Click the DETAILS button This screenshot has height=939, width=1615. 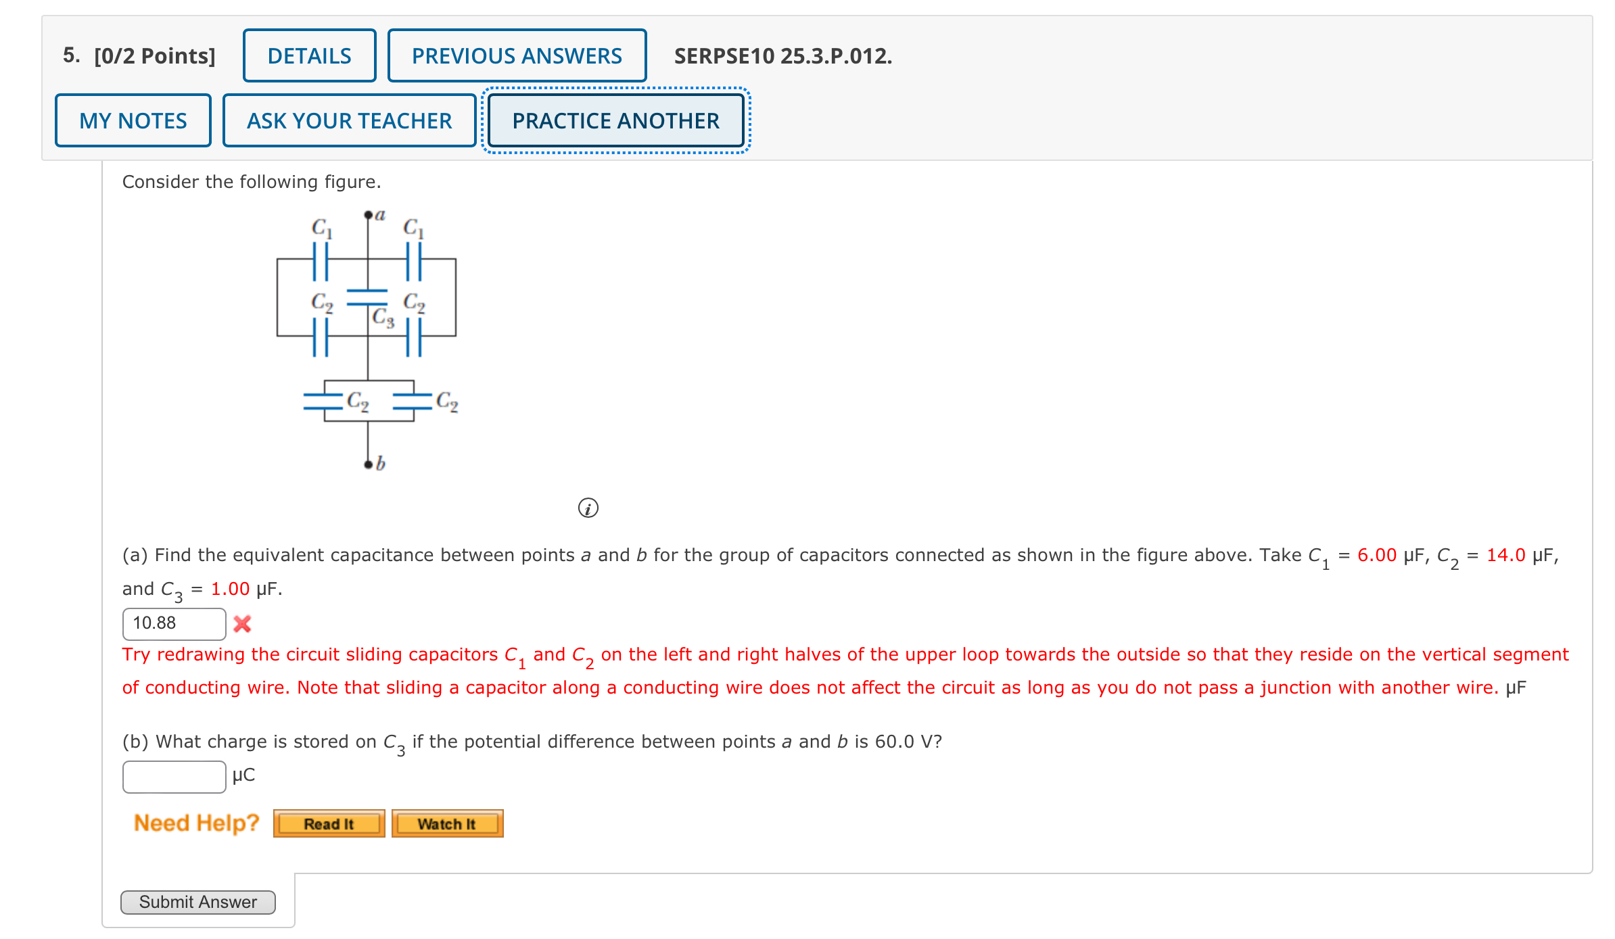point(309,55)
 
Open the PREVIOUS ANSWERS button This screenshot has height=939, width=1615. point(517,55)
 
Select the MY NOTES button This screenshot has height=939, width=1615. point(133,120)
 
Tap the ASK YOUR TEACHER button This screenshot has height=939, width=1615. point(349,120)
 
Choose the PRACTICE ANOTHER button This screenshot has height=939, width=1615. point(615,120)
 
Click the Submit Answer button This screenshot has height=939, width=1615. point(197,902)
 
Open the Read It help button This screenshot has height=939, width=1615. point(329,823)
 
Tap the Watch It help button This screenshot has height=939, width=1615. point(447,823)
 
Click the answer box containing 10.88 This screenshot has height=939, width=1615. point(174,623)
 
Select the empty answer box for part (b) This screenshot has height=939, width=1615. point(174,776)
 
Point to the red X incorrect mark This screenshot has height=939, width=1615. point(242,623)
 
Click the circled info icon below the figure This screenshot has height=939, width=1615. point(588,508)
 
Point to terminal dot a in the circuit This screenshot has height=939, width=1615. point(368,216)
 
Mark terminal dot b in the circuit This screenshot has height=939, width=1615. point(368,464)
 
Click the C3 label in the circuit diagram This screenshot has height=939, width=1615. point(383,316)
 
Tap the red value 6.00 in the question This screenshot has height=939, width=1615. point(1376,555)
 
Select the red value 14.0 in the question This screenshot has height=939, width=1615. point(1505,555)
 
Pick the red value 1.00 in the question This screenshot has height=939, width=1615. point(230,589)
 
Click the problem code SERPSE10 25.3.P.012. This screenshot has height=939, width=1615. point(782,55)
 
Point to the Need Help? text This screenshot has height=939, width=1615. point(196,823)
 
